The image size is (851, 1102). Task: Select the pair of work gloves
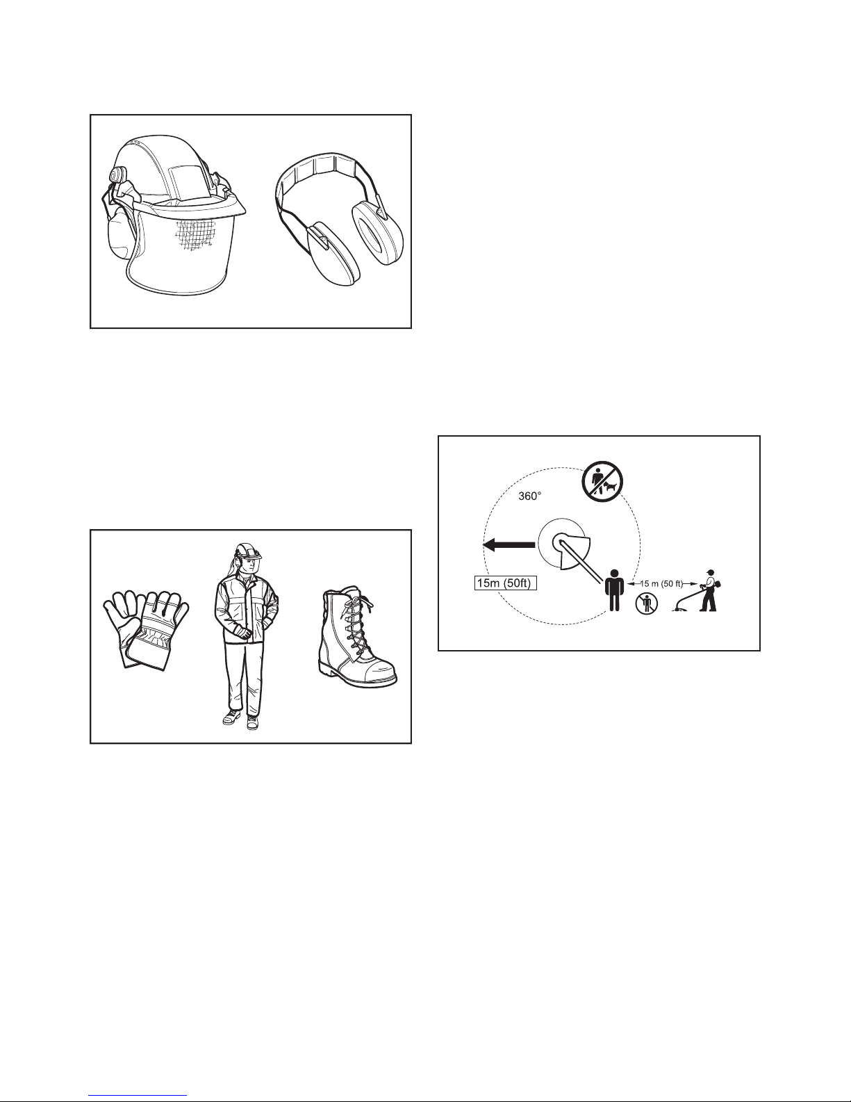[146, 629]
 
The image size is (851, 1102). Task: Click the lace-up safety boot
[358, 637]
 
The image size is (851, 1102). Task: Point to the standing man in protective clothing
[246, 636]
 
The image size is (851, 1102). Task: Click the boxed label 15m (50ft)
[504, 583]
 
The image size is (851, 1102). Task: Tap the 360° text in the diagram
[530, 496]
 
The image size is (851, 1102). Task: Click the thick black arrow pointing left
[509, 544]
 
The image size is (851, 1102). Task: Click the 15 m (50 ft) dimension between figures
[661, 584]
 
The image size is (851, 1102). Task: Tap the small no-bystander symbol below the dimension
[646, 603]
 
